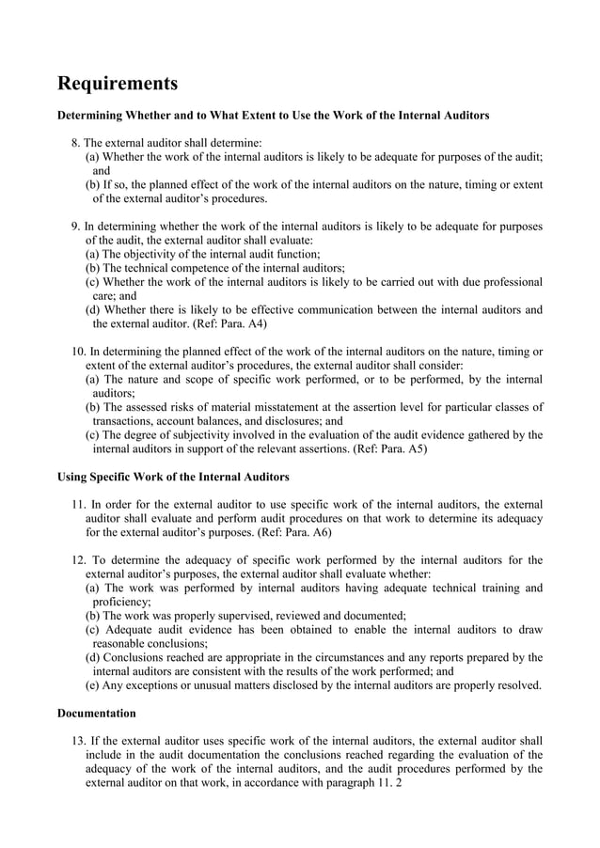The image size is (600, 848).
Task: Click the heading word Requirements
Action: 118,84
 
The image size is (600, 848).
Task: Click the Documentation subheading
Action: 97,714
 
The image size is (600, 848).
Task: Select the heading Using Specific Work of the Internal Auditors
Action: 173,476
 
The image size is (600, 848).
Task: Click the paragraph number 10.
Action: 78,352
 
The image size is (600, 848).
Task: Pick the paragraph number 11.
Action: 78,504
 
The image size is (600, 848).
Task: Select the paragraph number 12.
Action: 78,560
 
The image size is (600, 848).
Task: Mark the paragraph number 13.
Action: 78,740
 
